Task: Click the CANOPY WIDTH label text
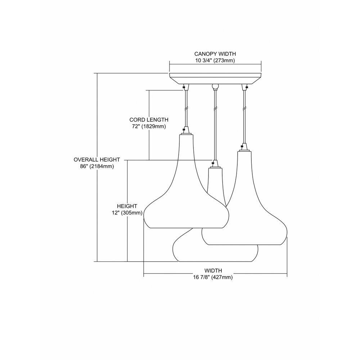tap(215, 54)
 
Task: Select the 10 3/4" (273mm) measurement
tap(215, 61)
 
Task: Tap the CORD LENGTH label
tap(149, 120)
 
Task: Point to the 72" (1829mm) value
tap(149, 126)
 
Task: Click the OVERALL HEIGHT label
tap(97, 159)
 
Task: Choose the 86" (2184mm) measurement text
tap(97, 166)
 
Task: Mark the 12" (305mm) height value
tap(127, 213)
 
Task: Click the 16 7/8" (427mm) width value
tap(213, 277)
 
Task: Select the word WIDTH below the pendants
tap(213, 270)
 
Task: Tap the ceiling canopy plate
tap(215, 78)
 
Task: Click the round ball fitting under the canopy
tap(215, 86)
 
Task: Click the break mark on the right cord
tap(244, 108)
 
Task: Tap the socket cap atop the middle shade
tap(215, 164)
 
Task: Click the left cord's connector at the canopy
tap(186, 87)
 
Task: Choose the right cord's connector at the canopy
tap(244, 87)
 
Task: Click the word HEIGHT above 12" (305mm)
tap(127, 206)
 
